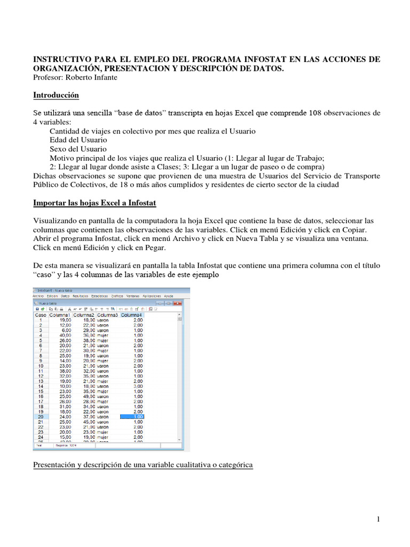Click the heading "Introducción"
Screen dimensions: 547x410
(56, 95)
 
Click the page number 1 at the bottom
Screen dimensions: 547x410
(378, 519)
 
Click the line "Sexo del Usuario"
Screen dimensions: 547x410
(78, 149)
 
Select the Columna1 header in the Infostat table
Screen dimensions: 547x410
(60, 315)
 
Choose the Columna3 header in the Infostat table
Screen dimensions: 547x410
(108, 315)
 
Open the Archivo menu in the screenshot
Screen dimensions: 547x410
(38, 295)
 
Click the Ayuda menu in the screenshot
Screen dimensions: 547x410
(168, 295)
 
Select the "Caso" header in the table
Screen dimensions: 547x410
(40, 315)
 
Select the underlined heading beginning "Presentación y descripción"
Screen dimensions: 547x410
(143, 465)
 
